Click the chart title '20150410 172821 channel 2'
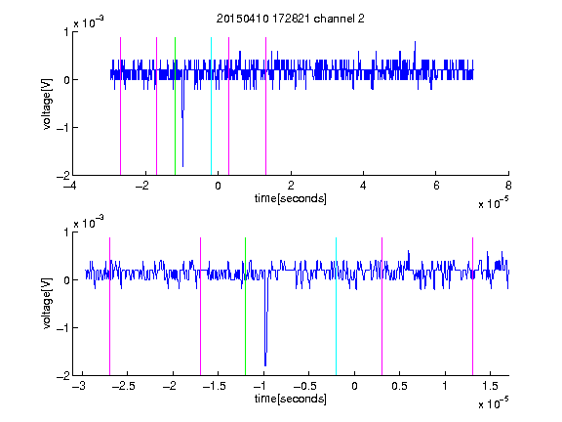tap(291, 19)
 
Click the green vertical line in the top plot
tap(175, 106)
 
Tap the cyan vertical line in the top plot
tap(211, 106)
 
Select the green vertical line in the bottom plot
tap(245, 307)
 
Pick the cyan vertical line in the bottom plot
tap(336, 307)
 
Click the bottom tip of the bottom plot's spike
tap(265, 366)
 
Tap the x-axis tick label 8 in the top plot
tap(508, 186)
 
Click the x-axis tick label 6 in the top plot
tap(436, 186)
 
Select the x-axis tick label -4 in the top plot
tap(69, 186)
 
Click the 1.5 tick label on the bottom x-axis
tap(491, 386)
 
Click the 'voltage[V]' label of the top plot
tap(47, 104)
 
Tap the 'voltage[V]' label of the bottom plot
tap(47, 304)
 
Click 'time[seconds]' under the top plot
tap(291, 198)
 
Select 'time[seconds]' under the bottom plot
tap(291, 399)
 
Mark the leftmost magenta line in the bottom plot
tap(109, 307)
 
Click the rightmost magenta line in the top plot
tap(265, 106)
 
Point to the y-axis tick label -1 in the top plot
tap(62, 127)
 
